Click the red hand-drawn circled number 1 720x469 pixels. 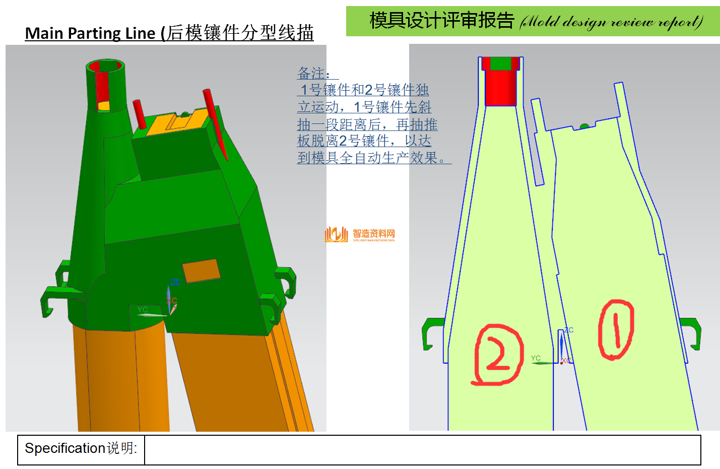click(x=616, y=329)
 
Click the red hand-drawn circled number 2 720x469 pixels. click(x=498, y=355)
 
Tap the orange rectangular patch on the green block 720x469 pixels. click(x=201, y=271)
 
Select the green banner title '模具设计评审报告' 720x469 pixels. click(x=441, y=21)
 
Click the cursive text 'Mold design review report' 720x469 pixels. click(x=611, y=22)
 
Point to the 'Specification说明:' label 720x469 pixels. click(x=81, y=448)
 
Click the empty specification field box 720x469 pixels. click(x=422, y=450)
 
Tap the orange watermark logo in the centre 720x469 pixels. click(x=337, y=234)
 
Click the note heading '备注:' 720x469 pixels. click(x=313, y=74)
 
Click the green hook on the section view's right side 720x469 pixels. click(x=691, y=332)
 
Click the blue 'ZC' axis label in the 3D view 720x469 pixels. click(x=175, y=282)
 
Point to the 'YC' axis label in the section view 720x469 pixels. click(x=536, y=358)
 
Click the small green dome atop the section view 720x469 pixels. click(x=584, y=125)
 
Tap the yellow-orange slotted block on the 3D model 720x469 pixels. click(x=176, y=121)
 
